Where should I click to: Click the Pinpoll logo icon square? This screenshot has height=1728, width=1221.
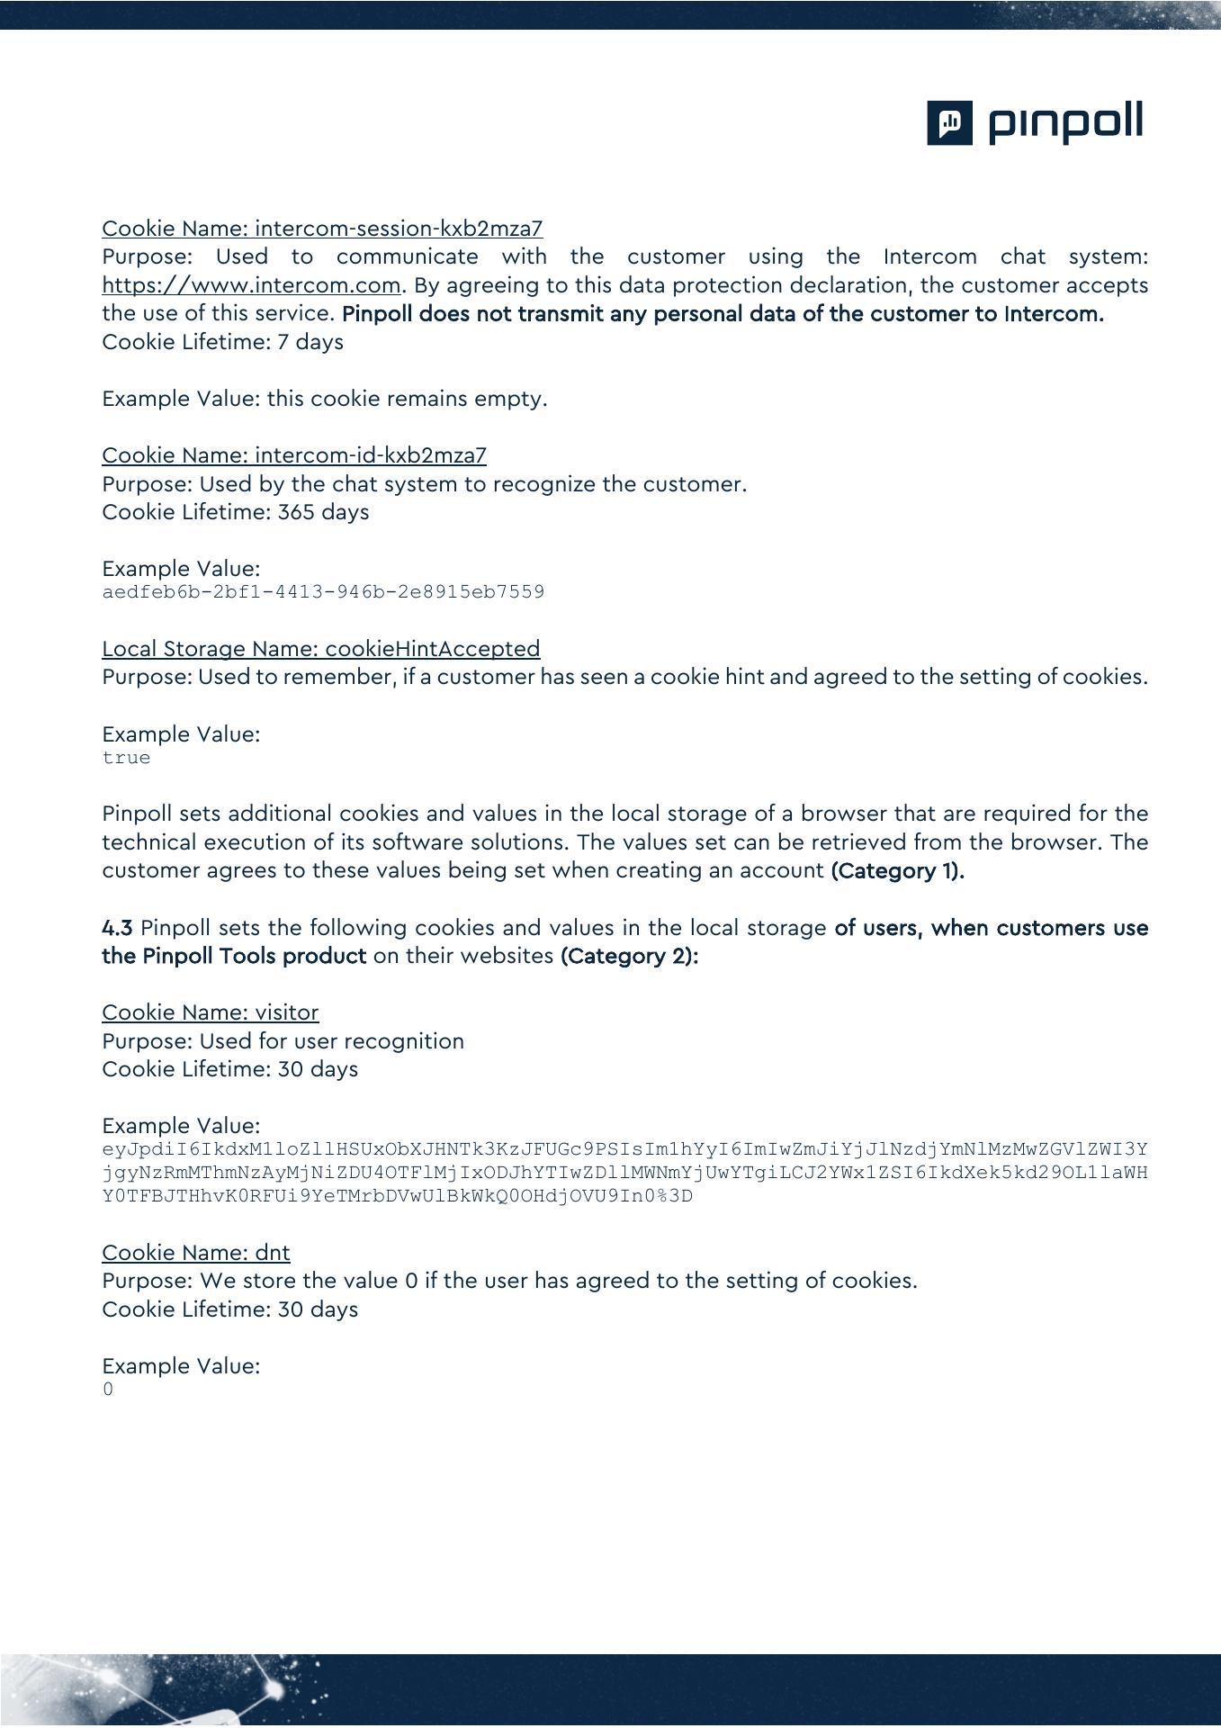949,122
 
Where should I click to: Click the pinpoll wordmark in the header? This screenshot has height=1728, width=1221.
1066,122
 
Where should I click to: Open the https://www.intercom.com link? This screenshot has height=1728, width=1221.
251,285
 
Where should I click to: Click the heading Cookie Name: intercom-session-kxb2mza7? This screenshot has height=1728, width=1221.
322,229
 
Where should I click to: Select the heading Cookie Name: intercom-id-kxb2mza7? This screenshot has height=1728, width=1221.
294,455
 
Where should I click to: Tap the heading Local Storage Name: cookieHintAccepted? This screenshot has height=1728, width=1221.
321,649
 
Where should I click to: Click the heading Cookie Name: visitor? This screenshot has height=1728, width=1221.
211,1012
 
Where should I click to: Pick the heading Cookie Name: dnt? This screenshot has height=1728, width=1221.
196,1253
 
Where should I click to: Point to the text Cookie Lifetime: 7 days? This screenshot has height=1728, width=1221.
222,342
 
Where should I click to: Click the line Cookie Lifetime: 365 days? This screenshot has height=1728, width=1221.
236,512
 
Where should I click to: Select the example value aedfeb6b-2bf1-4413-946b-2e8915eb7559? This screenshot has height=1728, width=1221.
323,592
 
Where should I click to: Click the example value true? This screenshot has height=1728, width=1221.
126,758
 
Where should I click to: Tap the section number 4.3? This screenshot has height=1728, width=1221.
117,928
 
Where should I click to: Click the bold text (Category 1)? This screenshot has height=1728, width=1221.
897,871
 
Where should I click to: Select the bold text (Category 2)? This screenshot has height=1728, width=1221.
629,956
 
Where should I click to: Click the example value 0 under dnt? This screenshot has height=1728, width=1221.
108,1390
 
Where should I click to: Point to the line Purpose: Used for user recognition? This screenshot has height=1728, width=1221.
283,1041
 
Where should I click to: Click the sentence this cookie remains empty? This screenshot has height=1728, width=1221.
407,399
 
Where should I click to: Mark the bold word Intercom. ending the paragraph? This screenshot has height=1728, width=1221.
1054,314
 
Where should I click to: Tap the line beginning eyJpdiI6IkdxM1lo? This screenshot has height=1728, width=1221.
624,1149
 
